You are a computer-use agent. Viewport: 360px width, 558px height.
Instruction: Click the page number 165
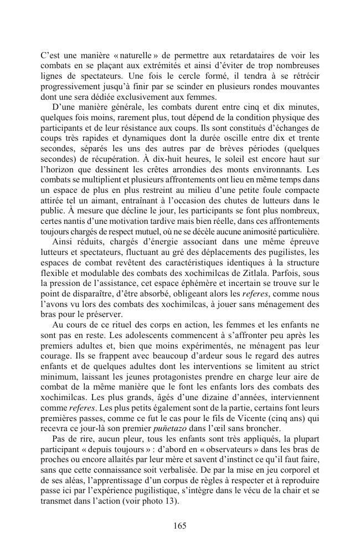pyautogui.click(x=179, y=525)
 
